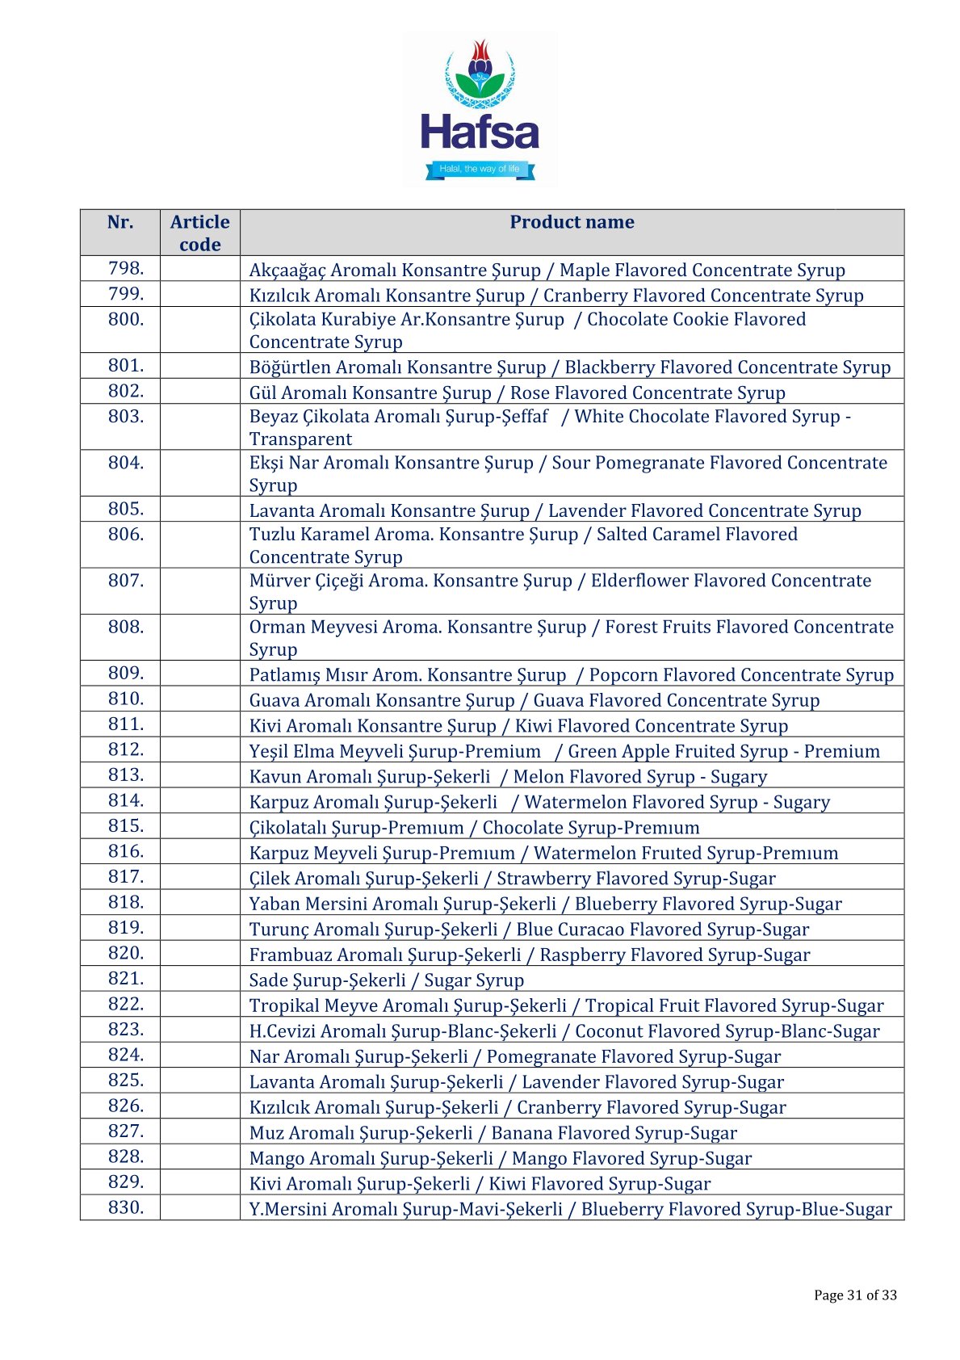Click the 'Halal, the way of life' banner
pyautogui.click(x=480, y=169)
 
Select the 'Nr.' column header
pyautogui.click(x=120, y=223)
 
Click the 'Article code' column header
pyautogui.click(x=199, y=233)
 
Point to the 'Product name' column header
pyautogui.click(x=572, y=223)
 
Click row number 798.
pyautogui.click(x=126, y=269)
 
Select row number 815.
pyautogui.click(x=126, y=826)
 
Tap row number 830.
pyautogui.click(x=126, y=1208)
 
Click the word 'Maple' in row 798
pyautogui.click(x=585, y=271)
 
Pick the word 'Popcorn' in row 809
pyautogui.click(x=622, y=675)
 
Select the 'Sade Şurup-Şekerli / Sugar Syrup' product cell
pyautogui.click(x=387, y=980)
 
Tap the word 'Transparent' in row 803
pyautogui.click(x=300, y=439)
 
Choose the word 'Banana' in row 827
pyautogui.click(x=520, y=1133)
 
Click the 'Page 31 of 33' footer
pyautogui.click(x=855, y=1295)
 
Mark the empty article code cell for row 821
pyautogui.click(x=199, y=980)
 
